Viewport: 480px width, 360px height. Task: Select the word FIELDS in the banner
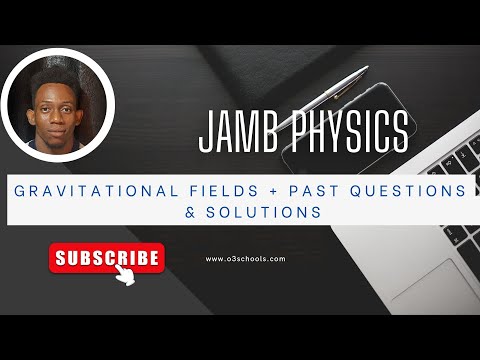click(x=215, y=190)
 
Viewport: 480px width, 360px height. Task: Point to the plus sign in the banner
click(x=267, y=190)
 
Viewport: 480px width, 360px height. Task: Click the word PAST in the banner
click(x=308, y=190)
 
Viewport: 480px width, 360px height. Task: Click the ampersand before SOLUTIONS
click(x=186, y=212)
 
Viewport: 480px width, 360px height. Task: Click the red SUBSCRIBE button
click(x=106, y=257)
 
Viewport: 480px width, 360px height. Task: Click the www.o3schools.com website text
click(x=245, y=258)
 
